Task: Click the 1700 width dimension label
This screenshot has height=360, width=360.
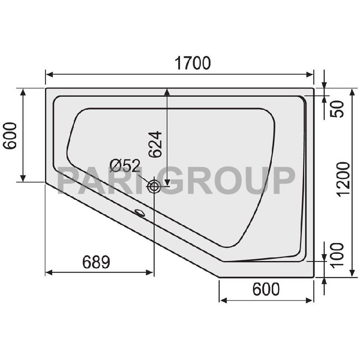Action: click(193, 63)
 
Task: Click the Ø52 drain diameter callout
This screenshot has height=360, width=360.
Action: click(125, 166)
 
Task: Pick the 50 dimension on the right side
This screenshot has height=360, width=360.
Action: click(337, 109)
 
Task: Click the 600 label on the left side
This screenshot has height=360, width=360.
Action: click(10, 135)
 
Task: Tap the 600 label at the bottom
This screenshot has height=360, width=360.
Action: click(266, 289)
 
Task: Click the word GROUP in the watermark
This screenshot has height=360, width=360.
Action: click(228, 180)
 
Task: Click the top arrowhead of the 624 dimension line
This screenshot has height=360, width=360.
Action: click(167, 92)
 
